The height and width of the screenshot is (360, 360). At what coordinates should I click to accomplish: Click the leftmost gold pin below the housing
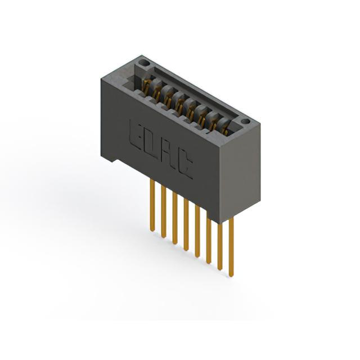pyautogui.click(x=152, y=205)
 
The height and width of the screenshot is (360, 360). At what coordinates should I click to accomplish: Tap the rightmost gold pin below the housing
pyautogui.click(x=231, y=247)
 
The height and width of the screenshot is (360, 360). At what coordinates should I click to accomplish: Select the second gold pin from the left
pyautogui.click(x=163, y=211)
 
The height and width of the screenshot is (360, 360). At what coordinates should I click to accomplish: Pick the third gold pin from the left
pyautogui.click(x=175, y=218)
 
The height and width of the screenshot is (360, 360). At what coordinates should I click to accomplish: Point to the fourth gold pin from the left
pyautogui.click(x=186, y=224)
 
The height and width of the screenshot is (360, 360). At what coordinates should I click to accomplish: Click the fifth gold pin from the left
pyautogui.click(x=197, y=231)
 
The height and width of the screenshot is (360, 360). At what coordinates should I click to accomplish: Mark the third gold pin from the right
pyautogui.click(x=209, y=241)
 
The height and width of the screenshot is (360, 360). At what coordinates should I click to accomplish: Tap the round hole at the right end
pyautogui.click(x=245, y=121)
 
